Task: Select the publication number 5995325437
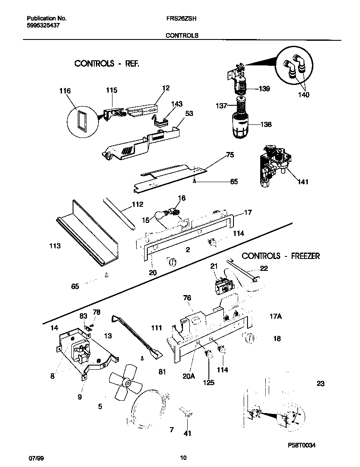click(x=43, y=25)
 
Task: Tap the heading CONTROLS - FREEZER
click(x=281, y=256)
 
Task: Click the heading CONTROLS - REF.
click(x=107, y=64)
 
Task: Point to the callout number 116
click(x=65, y=91)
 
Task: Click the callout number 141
click(x=303, y=182)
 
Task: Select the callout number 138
click(x=266, y=124)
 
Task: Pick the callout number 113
click(x=55, y=246)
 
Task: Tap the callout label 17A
click(x=276, y=316)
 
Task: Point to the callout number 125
click(x=208, y=383)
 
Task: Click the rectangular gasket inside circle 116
click(x=80, y=120)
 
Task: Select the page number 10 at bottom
click(x=183, y=458)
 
